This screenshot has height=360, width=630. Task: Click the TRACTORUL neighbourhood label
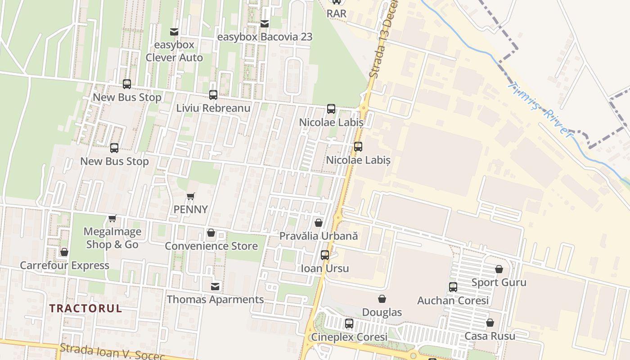coord(85,308)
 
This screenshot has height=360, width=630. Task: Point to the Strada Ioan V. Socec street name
coord(112,351)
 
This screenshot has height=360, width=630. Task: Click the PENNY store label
coord(191,209)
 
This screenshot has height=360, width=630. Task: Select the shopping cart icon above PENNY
coord(191,196)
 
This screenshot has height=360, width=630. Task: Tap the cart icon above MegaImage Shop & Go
coord(112,218)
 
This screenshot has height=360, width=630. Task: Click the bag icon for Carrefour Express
coord(64,252)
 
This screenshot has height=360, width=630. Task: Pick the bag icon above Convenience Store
coord(211,233)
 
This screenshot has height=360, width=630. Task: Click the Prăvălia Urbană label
coord(319,236)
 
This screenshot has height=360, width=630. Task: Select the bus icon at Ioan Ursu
coord(325,255)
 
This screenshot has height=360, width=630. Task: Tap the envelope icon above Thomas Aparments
coord(216,286)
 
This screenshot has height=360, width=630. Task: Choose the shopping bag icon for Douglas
coord(382,299)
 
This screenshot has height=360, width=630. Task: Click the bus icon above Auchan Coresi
coord(453,287)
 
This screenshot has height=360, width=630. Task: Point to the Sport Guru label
coord(499,283)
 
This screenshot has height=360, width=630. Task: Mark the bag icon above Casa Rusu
coord(490,323)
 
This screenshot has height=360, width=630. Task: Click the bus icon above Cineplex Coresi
coord(349,324)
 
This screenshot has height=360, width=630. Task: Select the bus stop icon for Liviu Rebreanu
coord(213,95)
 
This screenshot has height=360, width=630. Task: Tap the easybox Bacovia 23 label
coord(265,37)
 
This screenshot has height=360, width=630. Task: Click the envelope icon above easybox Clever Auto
coord(174,32)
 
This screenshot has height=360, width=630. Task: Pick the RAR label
coord(337,13)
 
